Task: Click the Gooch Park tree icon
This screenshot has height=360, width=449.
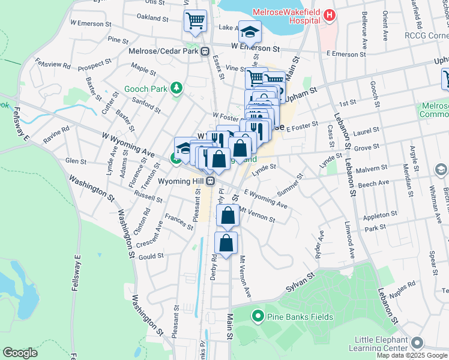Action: click(176, 89)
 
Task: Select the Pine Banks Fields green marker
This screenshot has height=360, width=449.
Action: click(258, 316)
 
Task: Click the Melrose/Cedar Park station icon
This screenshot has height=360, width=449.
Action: click(205, 51)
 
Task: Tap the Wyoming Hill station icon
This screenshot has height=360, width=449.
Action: click(210, 181)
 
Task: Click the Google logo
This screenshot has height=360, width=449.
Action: click(20, 353)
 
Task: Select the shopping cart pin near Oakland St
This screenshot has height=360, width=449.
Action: click(195, 21)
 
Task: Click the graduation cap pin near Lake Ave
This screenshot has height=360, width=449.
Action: click(250, 32)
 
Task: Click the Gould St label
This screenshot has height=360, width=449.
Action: click(151, 256)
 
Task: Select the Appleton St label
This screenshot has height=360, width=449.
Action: click(377, 216)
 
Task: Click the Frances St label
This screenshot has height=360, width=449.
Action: click(179, 221)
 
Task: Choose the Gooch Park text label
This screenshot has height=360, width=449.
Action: click(145, 89)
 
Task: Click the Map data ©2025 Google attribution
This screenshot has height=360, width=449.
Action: click(412, 355)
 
